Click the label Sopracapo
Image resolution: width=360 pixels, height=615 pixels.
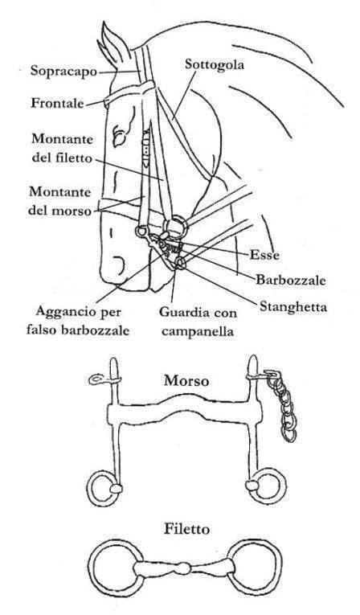[63, 71]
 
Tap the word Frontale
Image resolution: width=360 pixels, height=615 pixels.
[57, 103]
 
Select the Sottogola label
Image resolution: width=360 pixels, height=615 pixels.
[214, 64]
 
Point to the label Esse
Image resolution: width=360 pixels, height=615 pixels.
[264, 255]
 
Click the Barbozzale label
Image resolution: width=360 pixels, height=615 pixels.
[291, 280]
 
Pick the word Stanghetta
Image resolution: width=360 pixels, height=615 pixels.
[293, 306]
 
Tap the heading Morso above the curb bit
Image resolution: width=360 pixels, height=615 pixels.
[186, 380]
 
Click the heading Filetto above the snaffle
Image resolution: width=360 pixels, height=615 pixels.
[186, 529]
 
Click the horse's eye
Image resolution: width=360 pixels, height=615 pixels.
[119, 136]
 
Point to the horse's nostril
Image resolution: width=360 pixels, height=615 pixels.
[119, 266]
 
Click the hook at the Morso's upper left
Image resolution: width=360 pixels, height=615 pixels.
[96, 379]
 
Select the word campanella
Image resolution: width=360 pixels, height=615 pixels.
[198, 331]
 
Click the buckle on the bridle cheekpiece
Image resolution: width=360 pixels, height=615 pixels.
[146, 149]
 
